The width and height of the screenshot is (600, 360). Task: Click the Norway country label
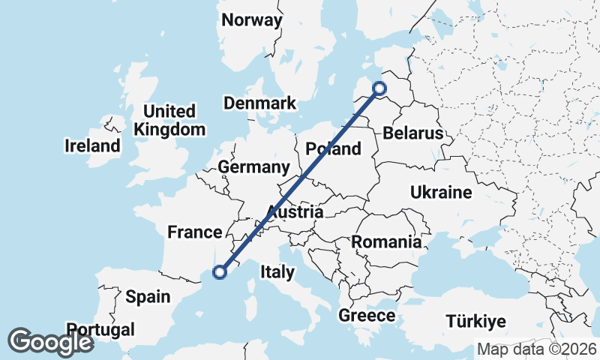point(252,20)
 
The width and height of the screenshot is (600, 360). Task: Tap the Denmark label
point(259,103)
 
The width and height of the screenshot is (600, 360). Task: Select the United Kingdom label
point(169,121)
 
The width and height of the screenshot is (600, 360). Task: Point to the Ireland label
point(92,145)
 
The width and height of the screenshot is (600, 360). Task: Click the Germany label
point(253,166)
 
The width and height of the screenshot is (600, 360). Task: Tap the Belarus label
point(413,133)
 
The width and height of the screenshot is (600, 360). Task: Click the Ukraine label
point(441,193)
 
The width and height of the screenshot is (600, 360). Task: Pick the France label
point(195,232)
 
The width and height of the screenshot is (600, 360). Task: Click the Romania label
point(386,242)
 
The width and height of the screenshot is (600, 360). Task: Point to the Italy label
point(277,272)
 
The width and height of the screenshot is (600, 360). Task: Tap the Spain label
point(148,296)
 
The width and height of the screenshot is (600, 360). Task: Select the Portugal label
point(100,329)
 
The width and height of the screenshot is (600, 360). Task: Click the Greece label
point(367,316)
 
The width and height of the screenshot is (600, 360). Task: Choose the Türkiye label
point(476,322)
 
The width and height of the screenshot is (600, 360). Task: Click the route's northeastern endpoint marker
point(379,89)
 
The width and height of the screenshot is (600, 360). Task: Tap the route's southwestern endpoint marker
point(220,272)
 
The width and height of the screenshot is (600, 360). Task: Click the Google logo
point(50,342)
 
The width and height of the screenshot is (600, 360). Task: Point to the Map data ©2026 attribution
point(537,349)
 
